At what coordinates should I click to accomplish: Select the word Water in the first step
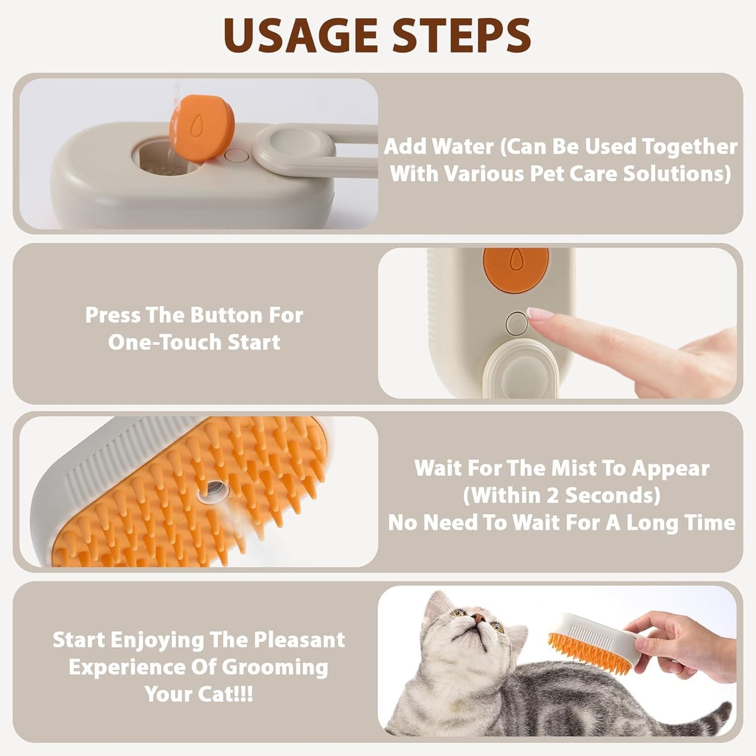pyautogui.click(x=468, y=147)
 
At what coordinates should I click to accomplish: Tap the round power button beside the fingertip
pyautogui.click(x=517, y=323)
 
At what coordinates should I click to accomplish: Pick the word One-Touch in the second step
pyautogui.click(x=157, y=343)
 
